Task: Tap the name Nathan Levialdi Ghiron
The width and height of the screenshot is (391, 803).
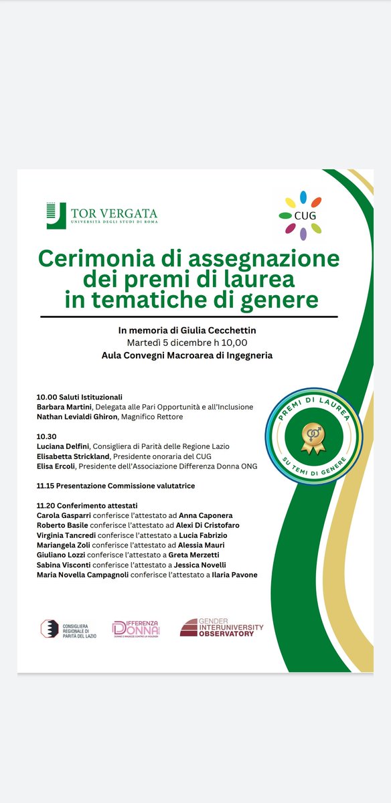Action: [x=86, y=416]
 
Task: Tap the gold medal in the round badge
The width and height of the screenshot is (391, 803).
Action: [x=313, y=433]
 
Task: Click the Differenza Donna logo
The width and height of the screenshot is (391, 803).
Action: [x=137, y=628]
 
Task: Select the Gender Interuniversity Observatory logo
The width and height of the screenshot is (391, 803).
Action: [x=222, y=628]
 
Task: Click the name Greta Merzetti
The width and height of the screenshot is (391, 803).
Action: [x=199, y=555]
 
